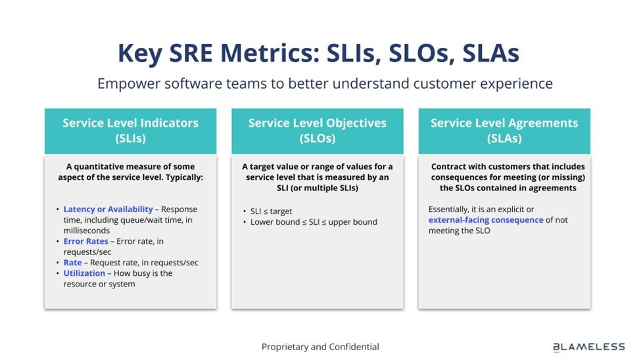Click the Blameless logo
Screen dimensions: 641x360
[x=588, y=347]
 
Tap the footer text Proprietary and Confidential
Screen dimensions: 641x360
[x=320, y=347]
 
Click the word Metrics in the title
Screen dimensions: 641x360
[x=270, y=53]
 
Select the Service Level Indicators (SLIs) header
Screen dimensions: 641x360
[x=130, y=131]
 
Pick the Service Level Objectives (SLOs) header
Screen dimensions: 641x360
[x=318, y=131]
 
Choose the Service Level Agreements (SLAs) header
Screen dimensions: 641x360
[x=504, y=131]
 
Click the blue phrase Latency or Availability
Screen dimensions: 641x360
[x=108, y=209]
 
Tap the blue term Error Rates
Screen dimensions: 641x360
[x=86, y=241]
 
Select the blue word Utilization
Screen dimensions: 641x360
[x=84, y=273]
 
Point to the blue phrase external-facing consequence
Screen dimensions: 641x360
[x=486, y=220]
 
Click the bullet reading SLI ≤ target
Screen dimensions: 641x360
[x=272, y=212]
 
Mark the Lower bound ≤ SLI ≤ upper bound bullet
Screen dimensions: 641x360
[x=314, y=222]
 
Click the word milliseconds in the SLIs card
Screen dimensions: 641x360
[x=87, y=231]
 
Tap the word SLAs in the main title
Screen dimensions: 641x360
[x=490, y=53]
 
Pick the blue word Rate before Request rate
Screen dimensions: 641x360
[x=72, y=262]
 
